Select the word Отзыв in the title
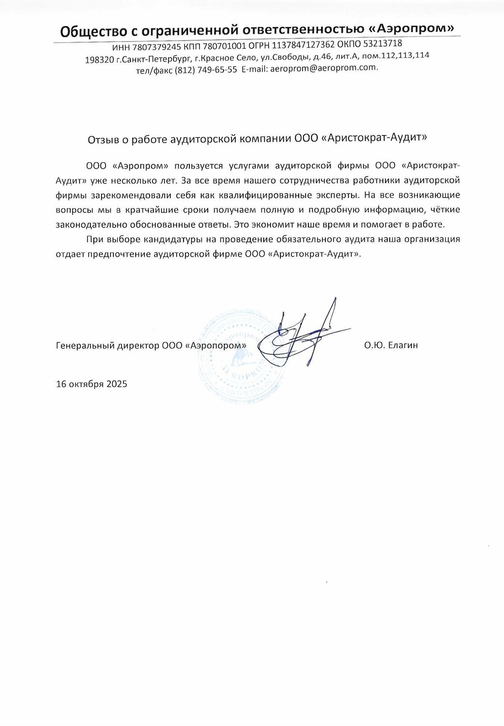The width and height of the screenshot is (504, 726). click(102, 139)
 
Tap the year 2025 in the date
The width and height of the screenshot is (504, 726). click(117, 384)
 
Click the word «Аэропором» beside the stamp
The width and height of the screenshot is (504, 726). click(215, 346)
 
